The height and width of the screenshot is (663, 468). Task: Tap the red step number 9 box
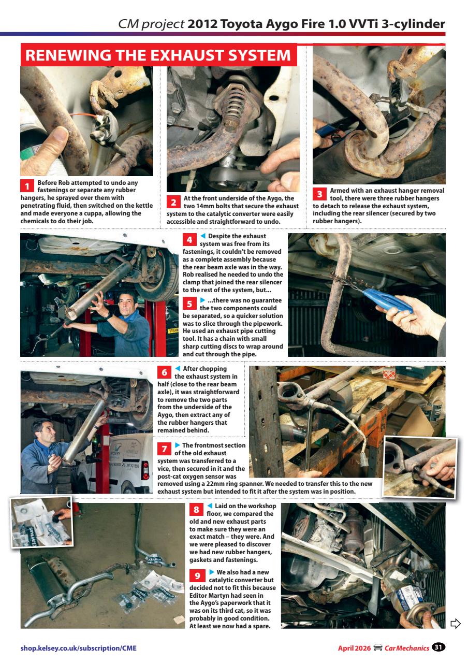point(197,575)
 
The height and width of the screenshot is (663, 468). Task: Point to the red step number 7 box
point(164,449)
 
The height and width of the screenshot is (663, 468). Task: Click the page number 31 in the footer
point(438,647)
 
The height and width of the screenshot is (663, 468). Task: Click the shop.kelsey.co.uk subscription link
point(79,647)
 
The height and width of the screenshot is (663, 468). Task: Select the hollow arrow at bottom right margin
point(455,623)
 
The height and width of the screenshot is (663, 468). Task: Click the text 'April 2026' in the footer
point(354,647)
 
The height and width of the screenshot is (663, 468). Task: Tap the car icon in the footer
point(378,647)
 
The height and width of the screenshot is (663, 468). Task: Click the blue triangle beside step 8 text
point(210,506)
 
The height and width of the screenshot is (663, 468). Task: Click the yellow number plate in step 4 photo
point(172,330)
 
